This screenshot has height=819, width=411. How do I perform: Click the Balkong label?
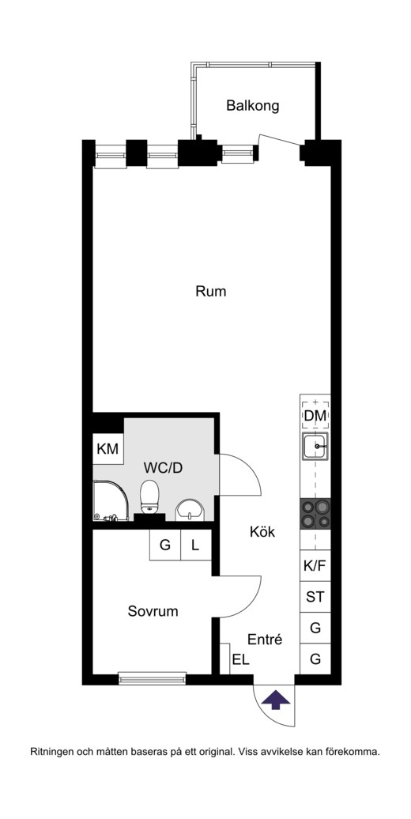[x=253, y=106]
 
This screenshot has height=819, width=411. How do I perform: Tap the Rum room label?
[x=211, y=291]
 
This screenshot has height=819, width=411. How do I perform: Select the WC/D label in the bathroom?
[x=163, y=468]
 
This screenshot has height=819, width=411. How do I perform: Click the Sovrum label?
[x=153, y=611]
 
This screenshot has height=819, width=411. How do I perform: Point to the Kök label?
[x=262, y=532]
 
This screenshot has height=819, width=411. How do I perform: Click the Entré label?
[x=265, y=640]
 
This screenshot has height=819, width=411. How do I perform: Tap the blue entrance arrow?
[x=276, y=699]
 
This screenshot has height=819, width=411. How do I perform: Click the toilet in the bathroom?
[x=150, y=497]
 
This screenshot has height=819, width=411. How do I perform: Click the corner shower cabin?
[x=111, y=501]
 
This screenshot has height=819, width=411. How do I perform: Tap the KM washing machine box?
[x=108, y=449]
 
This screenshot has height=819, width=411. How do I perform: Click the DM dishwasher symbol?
[x=315, y=415]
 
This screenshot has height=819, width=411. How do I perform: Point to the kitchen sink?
[x=315, y=447]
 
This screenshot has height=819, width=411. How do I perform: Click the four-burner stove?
[x=315, y=514]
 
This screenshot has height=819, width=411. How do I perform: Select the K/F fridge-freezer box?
[x=315, y=566]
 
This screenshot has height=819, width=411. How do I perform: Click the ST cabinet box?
[x=315, y=597]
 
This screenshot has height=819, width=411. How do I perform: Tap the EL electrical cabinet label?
[x=241, y=659]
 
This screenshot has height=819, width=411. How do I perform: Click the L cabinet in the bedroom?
[x=196, y=545]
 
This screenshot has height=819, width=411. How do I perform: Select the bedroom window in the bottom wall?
[x=152, y=679]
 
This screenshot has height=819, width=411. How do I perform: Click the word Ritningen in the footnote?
[x=52, y=753]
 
